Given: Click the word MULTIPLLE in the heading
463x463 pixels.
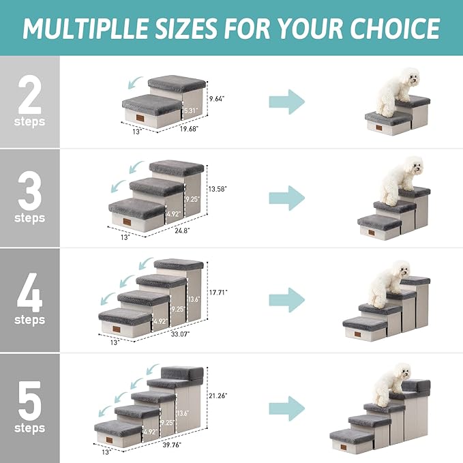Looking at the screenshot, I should coord(101,28).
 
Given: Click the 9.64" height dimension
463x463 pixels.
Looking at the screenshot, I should coord(216,98).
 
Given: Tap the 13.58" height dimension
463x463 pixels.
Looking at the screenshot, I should coord(218,188).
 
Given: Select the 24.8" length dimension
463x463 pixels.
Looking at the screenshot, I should coord(181,230).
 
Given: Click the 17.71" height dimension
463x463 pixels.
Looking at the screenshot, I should coord(218,292).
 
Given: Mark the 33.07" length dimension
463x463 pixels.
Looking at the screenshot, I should coord(180,334).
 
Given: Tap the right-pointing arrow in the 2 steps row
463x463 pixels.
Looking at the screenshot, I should coord(286,102).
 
